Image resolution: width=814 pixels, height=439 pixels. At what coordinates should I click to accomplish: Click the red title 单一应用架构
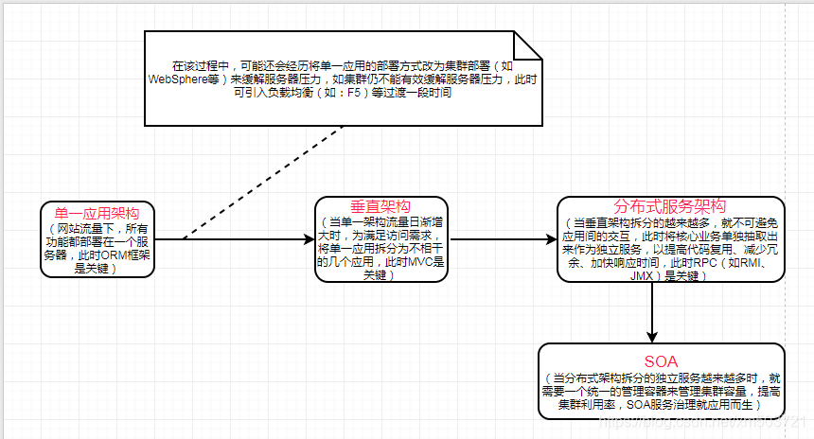[97, 214]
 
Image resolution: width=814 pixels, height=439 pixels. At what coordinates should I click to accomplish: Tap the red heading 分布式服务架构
[670, 207]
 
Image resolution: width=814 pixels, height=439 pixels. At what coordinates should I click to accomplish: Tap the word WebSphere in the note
[179, 80]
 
